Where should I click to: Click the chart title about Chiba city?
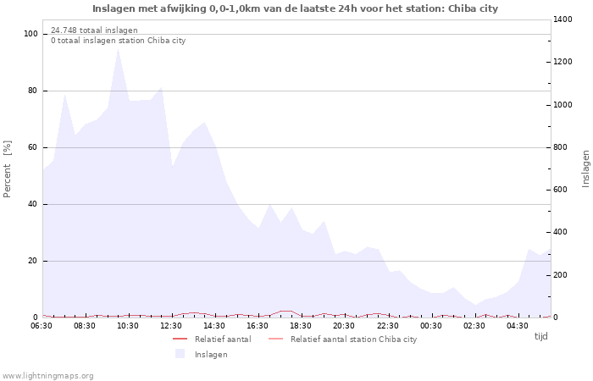pyautogui.click(x=295, y=8)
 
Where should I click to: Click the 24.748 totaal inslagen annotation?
pyautogui.click(x=94, y=30)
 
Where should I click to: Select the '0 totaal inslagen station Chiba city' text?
pyautogui.click(x=118, y=41)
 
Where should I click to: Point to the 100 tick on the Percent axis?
pyautogui.click(x=31, y=34)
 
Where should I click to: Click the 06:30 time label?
pyautogui.click(x=42, y=325)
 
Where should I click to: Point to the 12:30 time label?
pyautogui.click(x=172, y=325)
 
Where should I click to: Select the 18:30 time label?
pyautogui.click(x=301, y=325)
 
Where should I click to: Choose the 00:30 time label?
pyautogui.click(x=430, y=325)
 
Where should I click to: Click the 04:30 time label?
pyautogui.click(x=517, y=325)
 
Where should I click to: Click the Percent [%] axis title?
pyautogui.click(x=8, y=168)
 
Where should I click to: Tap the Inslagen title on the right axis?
pyautogui.click(x=585, y=168)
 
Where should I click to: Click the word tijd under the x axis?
pyautogui.click(x=540, y=336)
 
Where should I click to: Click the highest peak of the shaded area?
pyautogui.click(x=118, y=49)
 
